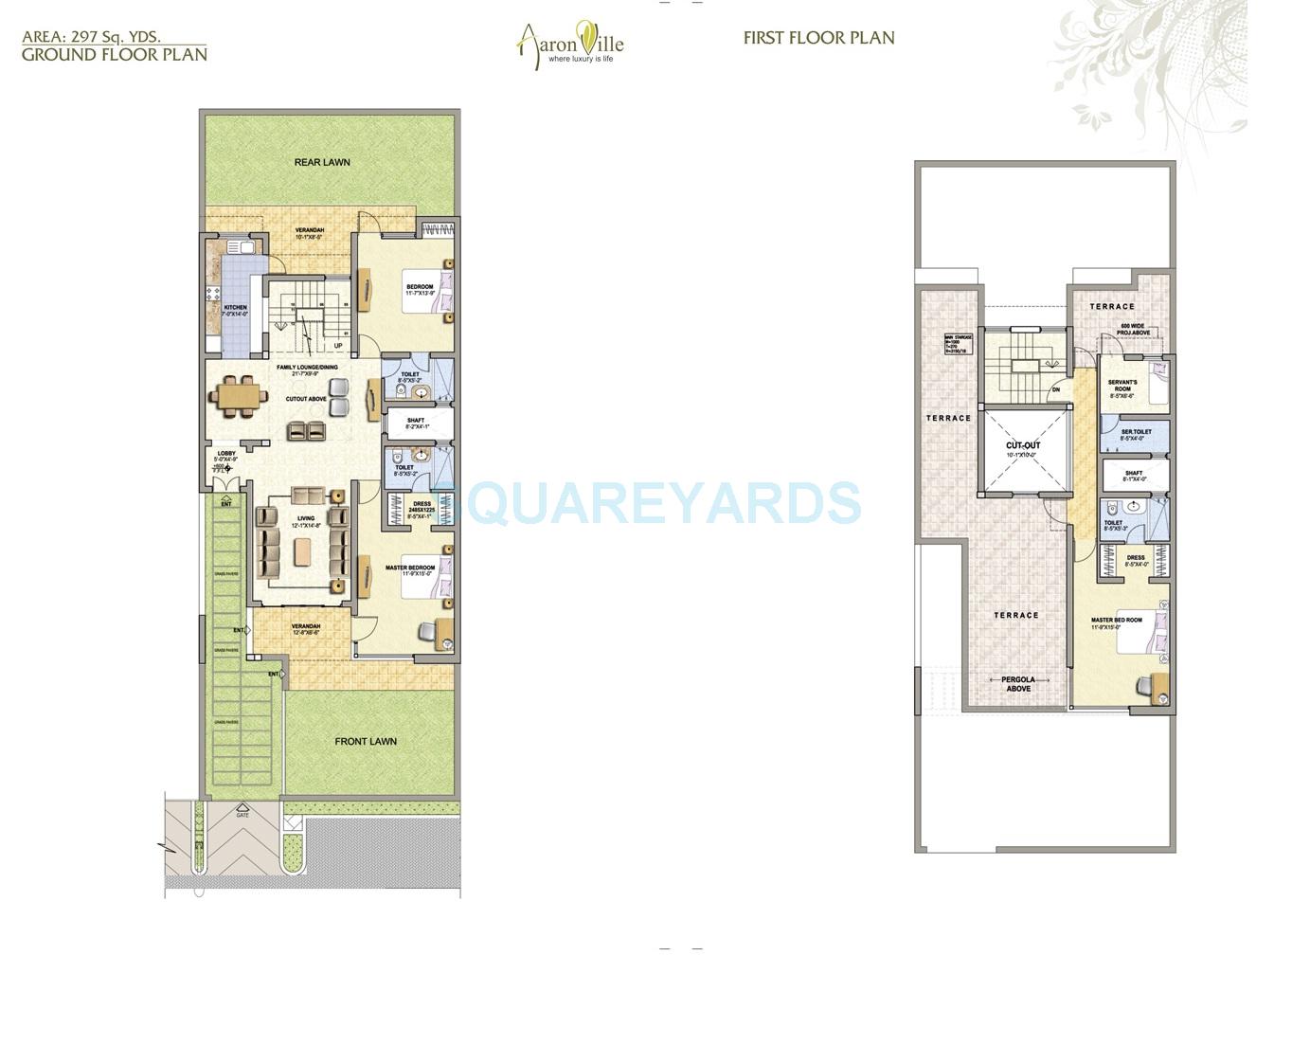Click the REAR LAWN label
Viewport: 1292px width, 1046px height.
tap(322, 162)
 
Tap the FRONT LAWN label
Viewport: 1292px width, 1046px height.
tap(366, 741)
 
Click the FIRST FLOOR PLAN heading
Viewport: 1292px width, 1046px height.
tap(818, 38)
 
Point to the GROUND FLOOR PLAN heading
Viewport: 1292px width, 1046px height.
tap(115, 54)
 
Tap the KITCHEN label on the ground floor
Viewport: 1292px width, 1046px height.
tap(235, 308)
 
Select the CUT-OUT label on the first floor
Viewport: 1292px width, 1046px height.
tap(1023, 445)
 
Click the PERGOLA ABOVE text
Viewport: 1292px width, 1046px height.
tap(1018, 684)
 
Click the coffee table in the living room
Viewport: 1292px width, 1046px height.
tap(302, 551)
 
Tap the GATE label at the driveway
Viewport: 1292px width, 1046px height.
tap(242, 815)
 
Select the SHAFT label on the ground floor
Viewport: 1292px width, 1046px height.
tap(416, 421)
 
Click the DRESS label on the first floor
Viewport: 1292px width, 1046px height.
tap(1136, 558)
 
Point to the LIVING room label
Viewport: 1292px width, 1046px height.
tap(305, 518)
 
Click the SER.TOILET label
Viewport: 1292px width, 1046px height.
tap(1136, 432)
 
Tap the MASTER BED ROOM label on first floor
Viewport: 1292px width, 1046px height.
tap(1117, 621)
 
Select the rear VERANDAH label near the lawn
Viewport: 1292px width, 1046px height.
tap(309, 230)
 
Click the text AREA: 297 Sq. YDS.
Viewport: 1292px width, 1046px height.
tap(91, 37)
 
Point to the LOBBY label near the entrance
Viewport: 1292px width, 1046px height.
tap(225, 454)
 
